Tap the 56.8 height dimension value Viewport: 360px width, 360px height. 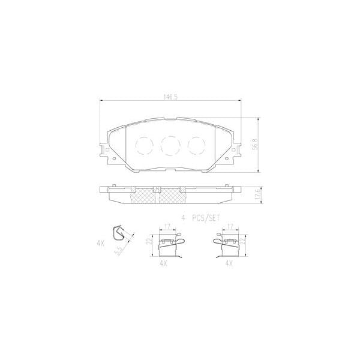[x=256, y=146]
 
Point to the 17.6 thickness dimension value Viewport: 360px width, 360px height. [x=257, y=195]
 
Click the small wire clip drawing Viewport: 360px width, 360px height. [x=121, y=233]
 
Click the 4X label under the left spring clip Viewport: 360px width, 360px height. [x=164, y=263]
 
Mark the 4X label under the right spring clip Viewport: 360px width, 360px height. [x=229, y=263]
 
